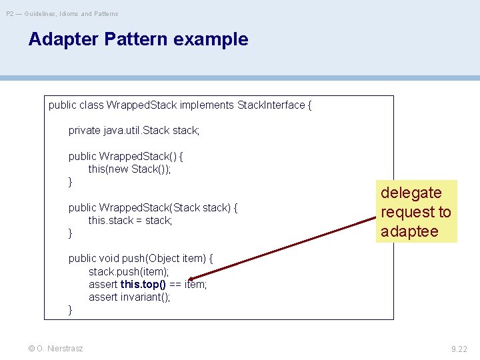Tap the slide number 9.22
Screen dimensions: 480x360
(459, 349)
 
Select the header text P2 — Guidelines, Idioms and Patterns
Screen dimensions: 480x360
(62, 13)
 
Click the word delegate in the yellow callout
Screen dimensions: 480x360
(411, 193)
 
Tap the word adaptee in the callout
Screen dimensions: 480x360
(409, 231)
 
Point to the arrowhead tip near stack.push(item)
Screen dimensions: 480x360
(189, 280)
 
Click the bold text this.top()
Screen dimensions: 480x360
(143, 285)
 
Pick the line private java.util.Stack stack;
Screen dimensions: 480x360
(134, 131)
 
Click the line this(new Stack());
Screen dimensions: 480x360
(129, 169)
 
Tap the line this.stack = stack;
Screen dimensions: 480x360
(130, 220)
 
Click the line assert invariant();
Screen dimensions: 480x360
(129, 297)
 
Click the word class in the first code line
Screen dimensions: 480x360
(91, 105)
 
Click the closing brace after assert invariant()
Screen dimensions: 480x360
(71, 310)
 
